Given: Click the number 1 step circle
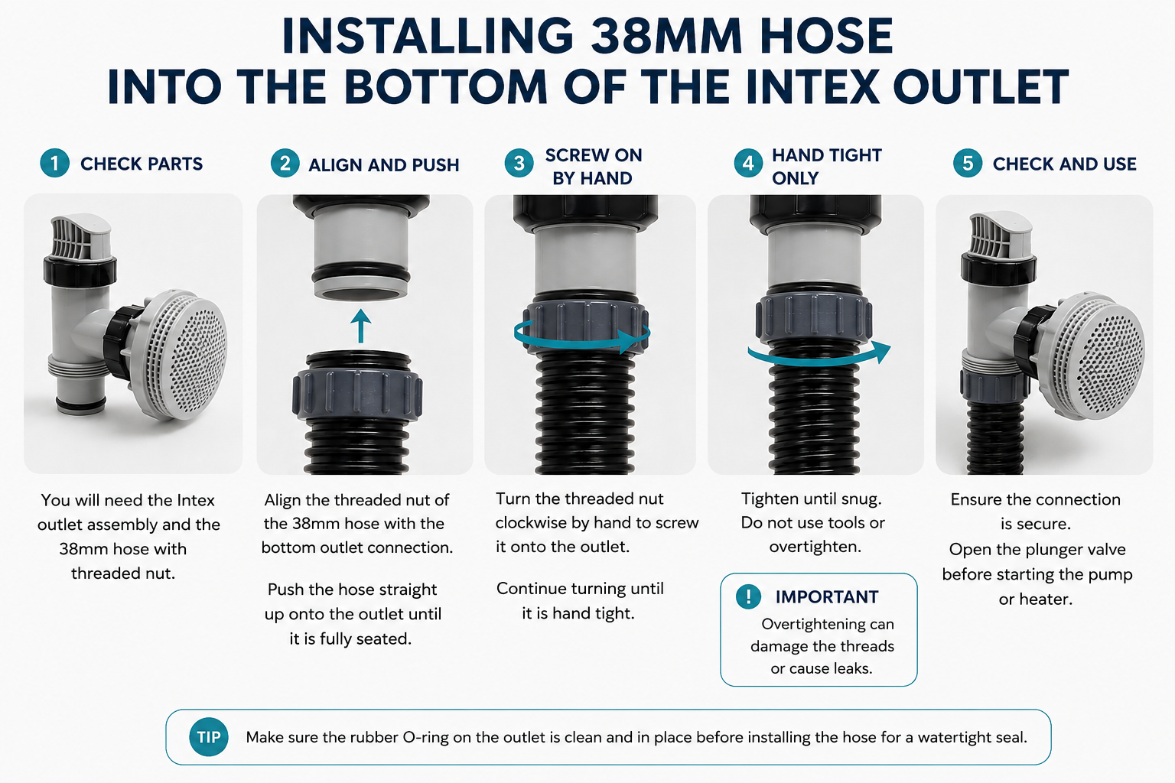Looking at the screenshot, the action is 54,163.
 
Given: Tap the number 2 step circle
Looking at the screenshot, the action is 285,163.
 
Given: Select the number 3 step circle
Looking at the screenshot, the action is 519,163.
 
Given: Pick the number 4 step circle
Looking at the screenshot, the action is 749,163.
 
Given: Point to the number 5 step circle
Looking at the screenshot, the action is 968,163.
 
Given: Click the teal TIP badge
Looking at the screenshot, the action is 209,737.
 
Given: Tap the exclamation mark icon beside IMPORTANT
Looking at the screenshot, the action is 749,596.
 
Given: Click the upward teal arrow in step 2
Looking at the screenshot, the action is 361,326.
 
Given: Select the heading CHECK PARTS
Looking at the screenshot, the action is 141,164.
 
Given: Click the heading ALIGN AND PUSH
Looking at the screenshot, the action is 383,164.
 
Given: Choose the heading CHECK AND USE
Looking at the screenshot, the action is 1064,164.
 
